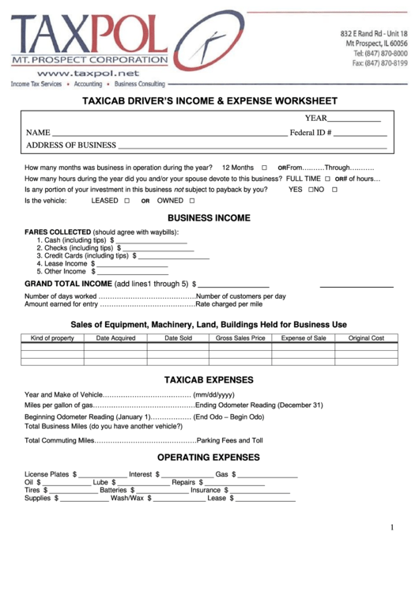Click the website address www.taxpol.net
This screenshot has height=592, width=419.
(x=87, y=73)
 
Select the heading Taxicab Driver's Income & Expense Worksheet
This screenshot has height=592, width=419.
(x=210, y=101)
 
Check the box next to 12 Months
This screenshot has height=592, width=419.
(x=264, y=168)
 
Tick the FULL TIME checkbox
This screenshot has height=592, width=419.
(x=327, y=179)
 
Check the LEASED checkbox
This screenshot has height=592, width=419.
(x=126, y=201)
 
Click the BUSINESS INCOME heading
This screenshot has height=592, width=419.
(x=209, y=218)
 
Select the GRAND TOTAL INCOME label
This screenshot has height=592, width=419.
(x=68, y=283)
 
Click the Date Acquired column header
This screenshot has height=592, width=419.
(x=115, y=337)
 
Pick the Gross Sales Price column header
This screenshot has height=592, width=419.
(x=240, y=337)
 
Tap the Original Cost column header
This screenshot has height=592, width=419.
(x=366, y=337)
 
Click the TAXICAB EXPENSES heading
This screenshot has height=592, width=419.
(x=209, y=379)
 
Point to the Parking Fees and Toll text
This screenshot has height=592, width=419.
(x=229, y=440)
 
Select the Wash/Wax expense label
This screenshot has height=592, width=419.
(x=127, y=499)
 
